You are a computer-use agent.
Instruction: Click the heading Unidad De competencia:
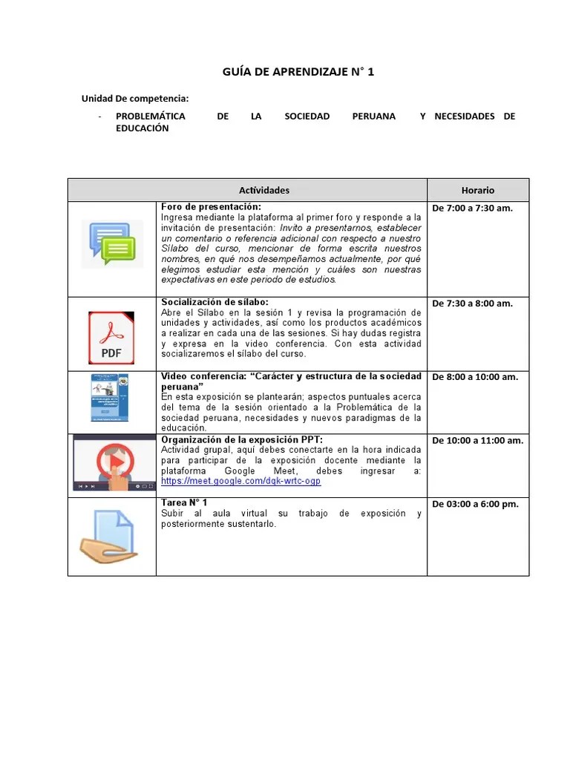135,99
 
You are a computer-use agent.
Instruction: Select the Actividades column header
264,190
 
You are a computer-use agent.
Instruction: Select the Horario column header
477,190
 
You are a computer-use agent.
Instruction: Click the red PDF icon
111,338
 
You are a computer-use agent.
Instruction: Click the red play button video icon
114,462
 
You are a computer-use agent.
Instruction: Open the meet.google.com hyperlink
241,481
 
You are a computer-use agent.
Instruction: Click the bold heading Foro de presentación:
211,206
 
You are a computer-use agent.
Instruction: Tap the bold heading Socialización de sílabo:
216,302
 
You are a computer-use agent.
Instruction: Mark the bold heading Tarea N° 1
185,503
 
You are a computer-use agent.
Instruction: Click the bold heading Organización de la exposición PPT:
242,439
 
